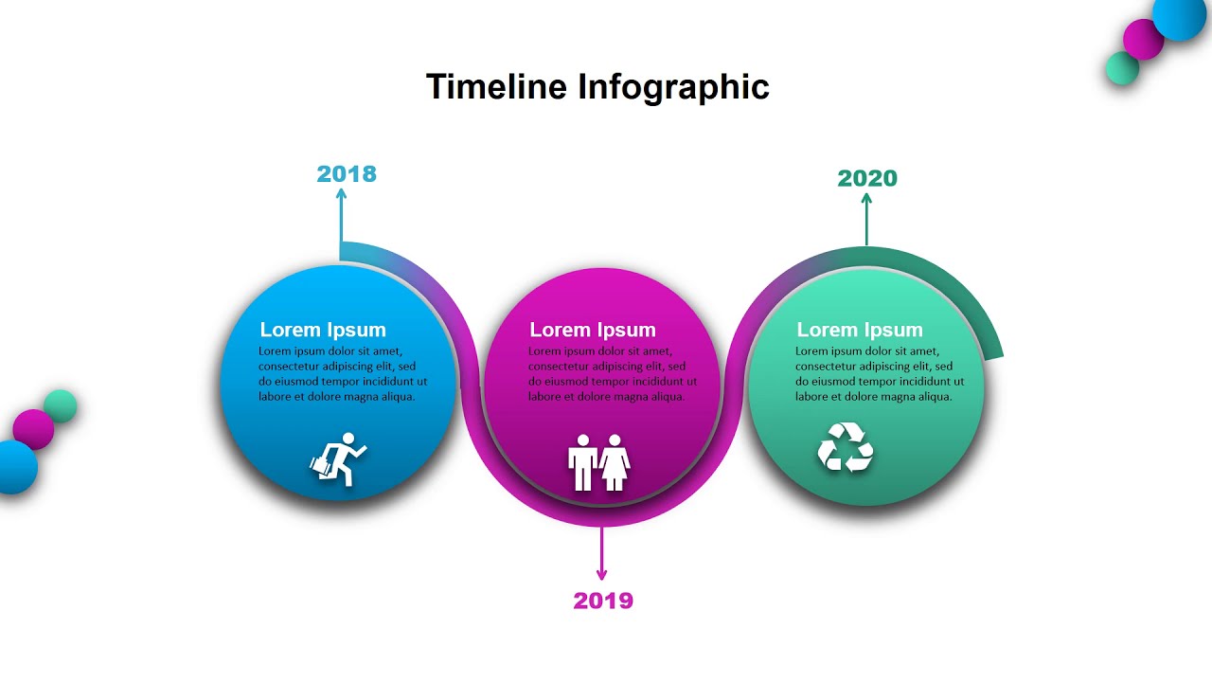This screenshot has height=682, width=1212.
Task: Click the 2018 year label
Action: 347,174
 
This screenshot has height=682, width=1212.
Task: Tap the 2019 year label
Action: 603,601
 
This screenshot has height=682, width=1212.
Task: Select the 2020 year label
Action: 867,178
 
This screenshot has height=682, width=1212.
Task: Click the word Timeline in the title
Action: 497,87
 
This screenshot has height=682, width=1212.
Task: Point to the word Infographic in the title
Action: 673,87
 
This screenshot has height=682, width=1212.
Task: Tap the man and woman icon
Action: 598,462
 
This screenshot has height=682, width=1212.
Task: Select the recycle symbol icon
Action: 846,447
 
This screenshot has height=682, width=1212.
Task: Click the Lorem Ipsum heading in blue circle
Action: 323,330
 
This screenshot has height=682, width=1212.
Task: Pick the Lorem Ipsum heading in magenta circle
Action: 593,330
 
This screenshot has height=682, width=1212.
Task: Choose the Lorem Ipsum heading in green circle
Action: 860,330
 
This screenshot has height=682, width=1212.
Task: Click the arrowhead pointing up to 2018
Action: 341,193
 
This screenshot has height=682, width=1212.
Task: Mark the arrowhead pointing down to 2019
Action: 601,574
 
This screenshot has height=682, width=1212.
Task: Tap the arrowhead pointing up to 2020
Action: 865,198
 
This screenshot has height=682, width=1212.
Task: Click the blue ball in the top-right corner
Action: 1180,16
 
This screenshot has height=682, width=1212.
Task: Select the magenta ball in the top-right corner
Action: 1143,39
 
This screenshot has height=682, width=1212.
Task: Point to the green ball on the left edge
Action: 61,405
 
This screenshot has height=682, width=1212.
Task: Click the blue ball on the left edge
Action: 15,467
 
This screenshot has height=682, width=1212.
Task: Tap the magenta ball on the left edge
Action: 33,429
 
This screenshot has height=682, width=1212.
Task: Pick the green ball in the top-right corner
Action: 1122,68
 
